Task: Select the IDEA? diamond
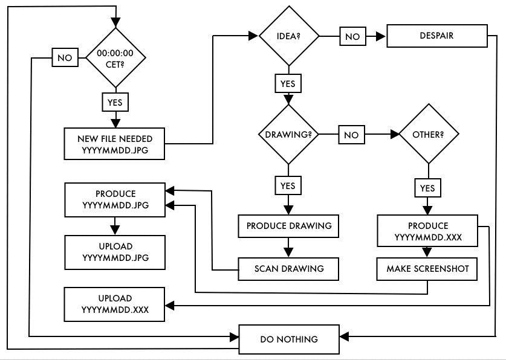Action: click(288, 36)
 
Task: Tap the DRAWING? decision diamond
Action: click(288, 134)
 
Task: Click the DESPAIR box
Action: click(436, 36)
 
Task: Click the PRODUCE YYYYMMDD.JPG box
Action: click(115, 199)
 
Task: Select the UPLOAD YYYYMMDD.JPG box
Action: click(115, 251)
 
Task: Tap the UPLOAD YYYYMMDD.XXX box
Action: click(115, 304)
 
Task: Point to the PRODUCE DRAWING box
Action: click(288, 226)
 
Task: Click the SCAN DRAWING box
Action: click(288, 268)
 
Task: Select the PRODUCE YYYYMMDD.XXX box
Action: click(427, 231)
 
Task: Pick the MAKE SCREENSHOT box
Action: click(427, 269)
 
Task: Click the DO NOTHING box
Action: click(288, 339)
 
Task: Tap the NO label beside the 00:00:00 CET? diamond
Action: click(63, 58)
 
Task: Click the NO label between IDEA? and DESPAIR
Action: click(351, 36)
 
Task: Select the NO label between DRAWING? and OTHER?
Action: click(351, 135)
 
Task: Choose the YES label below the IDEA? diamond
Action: click(288, 83)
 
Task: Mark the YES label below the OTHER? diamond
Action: click(427, 188)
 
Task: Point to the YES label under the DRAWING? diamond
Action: click(288, 186)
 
